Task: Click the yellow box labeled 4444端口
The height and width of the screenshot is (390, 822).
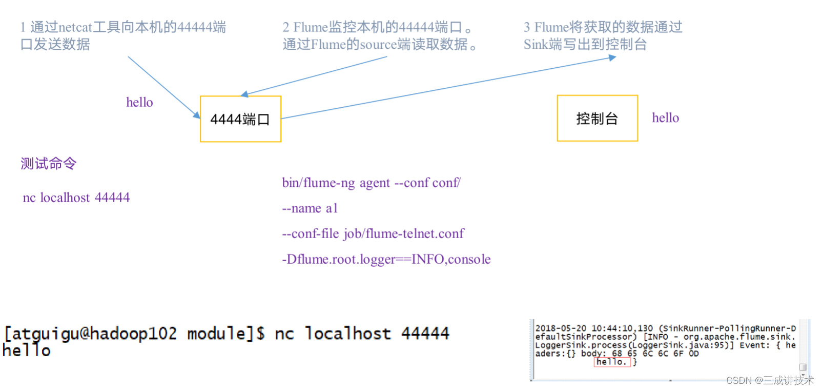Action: (x=240, y=119)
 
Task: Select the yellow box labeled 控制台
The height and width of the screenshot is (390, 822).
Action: (x=597, y=119)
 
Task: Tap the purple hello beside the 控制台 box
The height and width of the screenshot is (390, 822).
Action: (x=665, y=118)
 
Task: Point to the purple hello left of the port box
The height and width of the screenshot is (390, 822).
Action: (x=139, y=103)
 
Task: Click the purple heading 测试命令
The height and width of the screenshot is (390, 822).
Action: (x=49, y=164)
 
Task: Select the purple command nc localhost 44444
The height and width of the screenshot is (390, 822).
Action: (x=76, y=198)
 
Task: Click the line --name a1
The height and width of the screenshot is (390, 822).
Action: (x=310, y=208)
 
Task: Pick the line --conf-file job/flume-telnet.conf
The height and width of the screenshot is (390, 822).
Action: (x=373, y=234)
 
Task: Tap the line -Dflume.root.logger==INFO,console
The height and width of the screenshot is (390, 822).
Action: (x=386, y=260)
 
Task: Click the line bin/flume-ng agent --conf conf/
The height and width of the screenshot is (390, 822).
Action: (x=371, y=183)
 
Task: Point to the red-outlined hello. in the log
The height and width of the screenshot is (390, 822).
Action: (x=611, y=362)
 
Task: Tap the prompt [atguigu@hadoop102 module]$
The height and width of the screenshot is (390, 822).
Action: (x=134, y=334)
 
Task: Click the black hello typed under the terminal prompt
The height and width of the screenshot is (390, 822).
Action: (x=27, y=351)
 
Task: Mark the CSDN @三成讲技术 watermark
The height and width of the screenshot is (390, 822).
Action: (x=769, y=380)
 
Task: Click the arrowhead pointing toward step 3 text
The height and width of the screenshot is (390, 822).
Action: (x=612, y=58)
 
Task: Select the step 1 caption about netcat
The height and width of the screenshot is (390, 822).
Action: (x=123, y=35)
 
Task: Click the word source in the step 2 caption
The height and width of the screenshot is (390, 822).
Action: (x=378, y=45)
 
